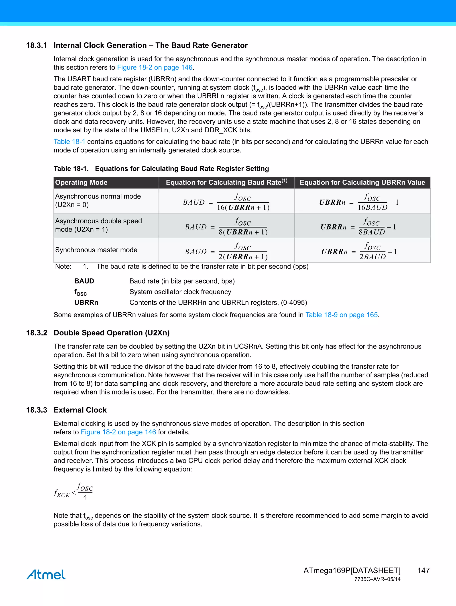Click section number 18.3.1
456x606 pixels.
click(x=36, y=45)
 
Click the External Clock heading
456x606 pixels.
click(x=80, y=410)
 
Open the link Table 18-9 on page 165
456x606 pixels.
click(x=342, y=315)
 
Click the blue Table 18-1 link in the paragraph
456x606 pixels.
click(x=69, y=142)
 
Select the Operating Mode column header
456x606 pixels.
click(x=81, y=183)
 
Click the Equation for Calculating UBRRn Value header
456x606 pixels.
click(x=362, y=183)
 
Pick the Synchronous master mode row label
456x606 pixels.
click(x=96, y=250)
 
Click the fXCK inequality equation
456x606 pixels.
click(x=73, y=492)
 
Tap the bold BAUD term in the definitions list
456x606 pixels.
click(x=84, y=281)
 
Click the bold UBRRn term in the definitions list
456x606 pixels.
click(x=86, y=302)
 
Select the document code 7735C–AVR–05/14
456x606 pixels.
click(x=377, y=579)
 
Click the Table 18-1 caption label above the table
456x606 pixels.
click(x=71, y=168)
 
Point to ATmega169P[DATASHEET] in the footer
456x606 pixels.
click(x=352, y=570)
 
